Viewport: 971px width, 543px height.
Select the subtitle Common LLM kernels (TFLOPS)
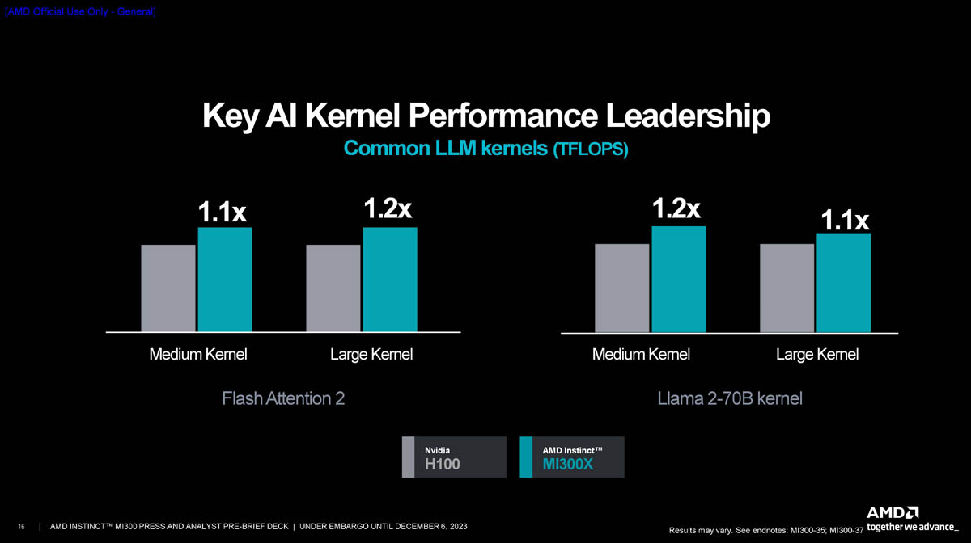tap(485, 149)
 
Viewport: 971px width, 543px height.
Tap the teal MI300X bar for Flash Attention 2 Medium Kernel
tap(225, 279)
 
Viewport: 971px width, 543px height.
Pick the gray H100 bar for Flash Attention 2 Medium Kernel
tap(168, 288)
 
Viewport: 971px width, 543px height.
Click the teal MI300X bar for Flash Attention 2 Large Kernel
tap(390, 279)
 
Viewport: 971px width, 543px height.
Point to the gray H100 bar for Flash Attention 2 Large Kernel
tap(333, 288)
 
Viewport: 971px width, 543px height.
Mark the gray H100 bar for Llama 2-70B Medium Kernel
tap(622, 287)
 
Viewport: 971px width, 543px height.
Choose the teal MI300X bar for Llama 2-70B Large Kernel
tap(844, 282)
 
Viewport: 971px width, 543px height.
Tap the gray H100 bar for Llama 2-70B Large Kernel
tap(787, 287)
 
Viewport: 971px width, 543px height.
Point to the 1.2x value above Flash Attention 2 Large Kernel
tap(388, 208)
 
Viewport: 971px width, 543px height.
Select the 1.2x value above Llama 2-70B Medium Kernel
tap(676, 208)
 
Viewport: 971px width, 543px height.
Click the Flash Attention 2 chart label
tap(283, 399)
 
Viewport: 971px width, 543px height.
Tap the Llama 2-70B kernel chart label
tap(730, 399)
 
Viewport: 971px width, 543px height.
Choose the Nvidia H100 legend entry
tap(454, 457)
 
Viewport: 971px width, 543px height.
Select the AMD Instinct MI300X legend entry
tap(572, 457)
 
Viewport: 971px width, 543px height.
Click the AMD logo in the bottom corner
tap(893, 512)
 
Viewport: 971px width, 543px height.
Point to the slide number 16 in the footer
tap(21, 528)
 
